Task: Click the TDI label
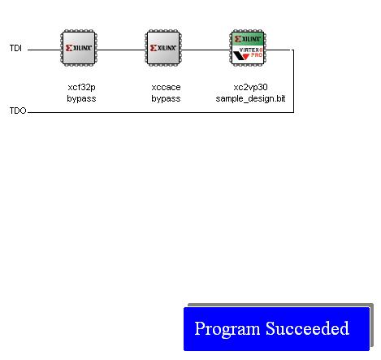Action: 15,48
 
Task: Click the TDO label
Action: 18,111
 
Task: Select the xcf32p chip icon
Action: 79,48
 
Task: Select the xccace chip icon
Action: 163,48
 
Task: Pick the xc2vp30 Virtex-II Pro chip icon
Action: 248,48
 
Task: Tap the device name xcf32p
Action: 81,87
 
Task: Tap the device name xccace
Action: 166,87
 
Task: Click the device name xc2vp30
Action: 250,87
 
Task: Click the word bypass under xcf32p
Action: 81,98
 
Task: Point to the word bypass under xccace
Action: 166,98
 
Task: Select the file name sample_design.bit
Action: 250,98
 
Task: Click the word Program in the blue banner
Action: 227,329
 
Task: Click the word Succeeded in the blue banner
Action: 307,328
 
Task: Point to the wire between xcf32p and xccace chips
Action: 121,50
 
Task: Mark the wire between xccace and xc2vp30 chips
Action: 206,50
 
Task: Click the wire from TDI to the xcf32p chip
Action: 44,50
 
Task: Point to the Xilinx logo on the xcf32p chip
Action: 79,48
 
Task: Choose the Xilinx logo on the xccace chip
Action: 163,48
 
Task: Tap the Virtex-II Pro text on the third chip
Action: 251,53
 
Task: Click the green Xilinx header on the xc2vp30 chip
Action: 248,39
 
